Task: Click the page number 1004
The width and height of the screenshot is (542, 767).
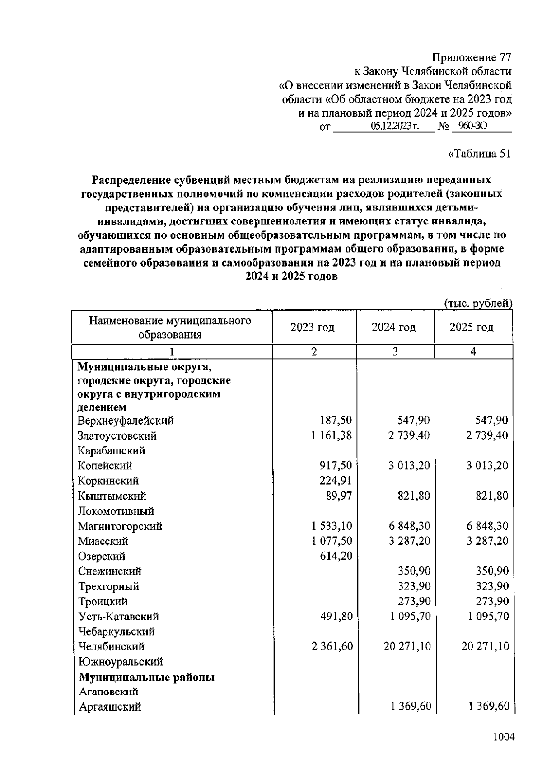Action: tap(503, 737)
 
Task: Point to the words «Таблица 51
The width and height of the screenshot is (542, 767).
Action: tap(479, 154)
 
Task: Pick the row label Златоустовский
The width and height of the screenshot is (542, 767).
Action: tap(117, 436)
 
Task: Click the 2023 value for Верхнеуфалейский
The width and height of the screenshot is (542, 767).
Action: tap(336, 421)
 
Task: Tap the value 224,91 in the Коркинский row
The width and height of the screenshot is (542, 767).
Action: tap(336, 481)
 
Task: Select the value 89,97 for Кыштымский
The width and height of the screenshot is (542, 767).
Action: tap(339, 496)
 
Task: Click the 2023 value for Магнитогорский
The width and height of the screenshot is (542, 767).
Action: tap(332, 526)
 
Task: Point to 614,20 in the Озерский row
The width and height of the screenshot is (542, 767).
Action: tap(336, 556)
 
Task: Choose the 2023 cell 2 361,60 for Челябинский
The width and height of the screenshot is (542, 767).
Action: tap(332, 646)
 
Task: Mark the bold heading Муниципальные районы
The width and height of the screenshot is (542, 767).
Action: tap(146, 677)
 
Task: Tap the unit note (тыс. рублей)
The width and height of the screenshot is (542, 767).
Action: tap(478, 304)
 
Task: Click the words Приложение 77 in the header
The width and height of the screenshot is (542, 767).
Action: tap(472, 58)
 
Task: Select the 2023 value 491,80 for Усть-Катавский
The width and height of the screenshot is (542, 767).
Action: tap(336, 617)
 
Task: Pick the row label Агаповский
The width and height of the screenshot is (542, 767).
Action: tap(108, 692)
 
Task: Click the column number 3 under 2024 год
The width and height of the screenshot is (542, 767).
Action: tap(395, 351)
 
